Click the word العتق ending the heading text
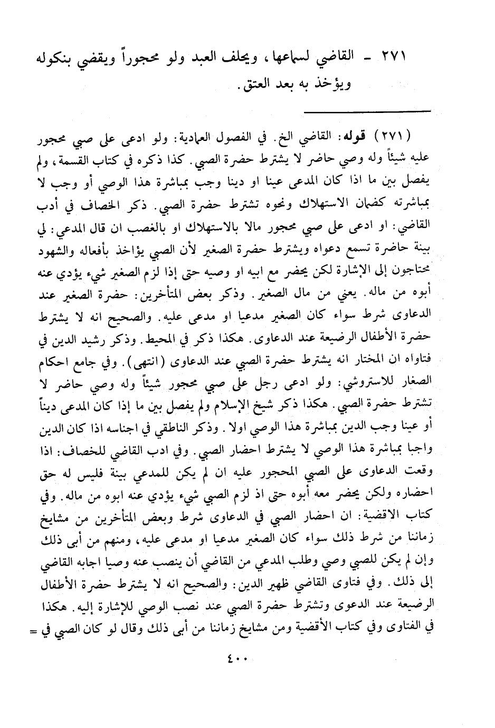point(250,83)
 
